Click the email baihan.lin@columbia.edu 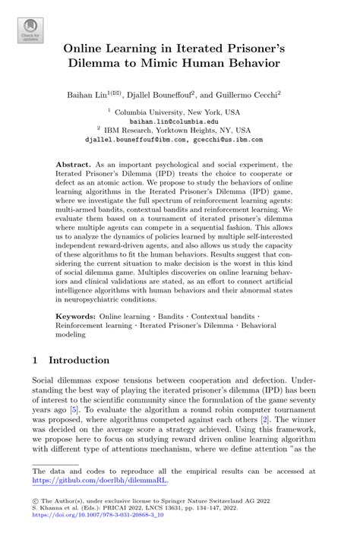179,120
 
